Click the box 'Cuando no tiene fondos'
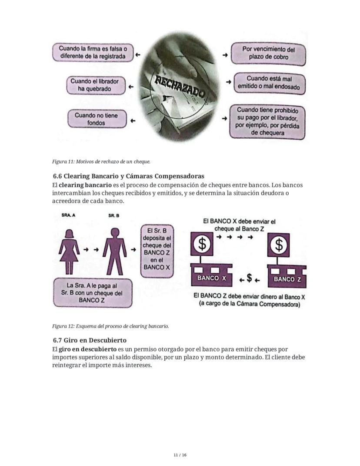coord(96,119)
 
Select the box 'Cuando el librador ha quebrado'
coord(94,85)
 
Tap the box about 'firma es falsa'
coord(93,53)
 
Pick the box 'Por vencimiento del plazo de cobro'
coord(268,53)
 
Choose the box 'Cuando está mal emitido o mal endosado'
coord(269,83)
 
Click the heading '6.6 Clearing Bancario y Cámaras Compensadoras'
coord(128,176)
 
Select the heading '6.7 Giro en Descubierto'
coord(90,340)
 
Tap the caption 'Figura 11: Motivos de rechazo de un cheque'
coord(101,162)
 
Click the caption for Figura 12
coord(110,326)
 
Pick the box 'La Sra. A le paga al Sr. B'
coord(92,293)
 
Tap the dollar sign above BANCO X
coord(202,244)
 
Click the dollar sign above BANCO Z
coord(279,245)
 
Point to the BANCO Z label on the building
coord(287,279)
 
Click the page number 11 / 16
coord(180,455)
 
